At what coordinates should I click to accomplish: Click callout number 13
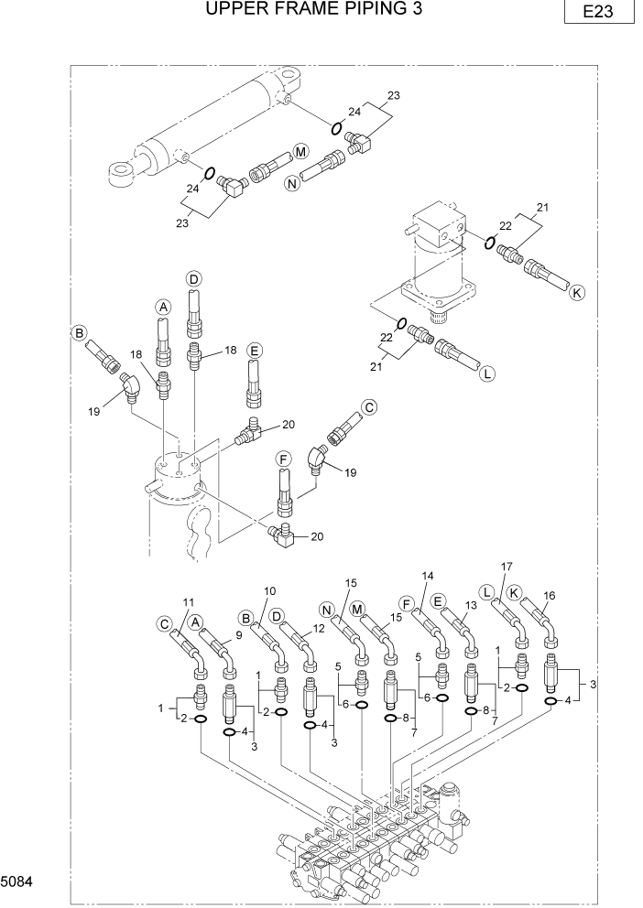point(472,606)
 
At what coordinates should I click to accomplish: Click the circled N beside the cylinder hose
point(293,184)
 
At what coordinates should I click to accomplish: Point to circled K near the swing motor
point(576,294)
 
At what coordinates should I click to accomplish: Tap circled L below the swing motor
point(487,373)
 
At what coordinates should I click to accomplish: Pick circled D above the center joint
point(193,278)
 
